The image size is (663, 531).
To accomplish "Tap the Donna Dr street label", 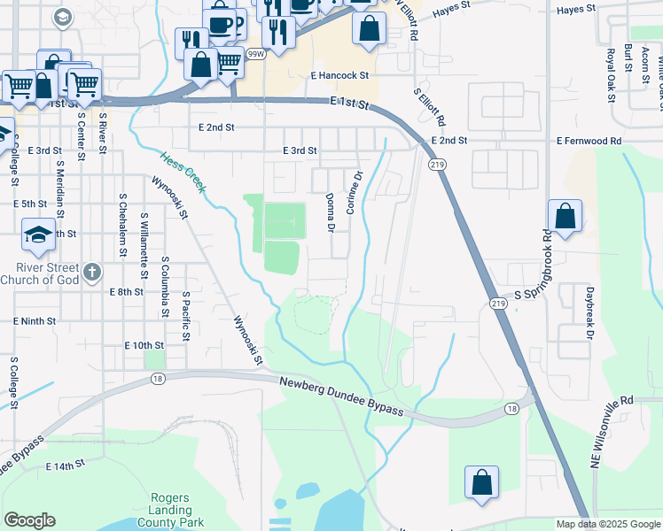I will tap(330, 213).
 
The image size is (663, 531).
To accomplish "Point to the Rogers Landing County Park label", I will tap(170, 510).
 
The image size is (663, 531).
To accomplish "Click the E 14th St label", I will tap(63, 464).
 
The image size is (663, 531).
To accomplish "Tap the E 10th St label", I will tap(144, 344).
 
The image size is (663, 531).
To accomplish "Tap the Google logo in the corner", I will tap(29, 520).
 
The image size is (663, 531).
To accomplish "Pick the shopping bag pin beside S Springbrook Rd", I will tap(565, 217).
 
